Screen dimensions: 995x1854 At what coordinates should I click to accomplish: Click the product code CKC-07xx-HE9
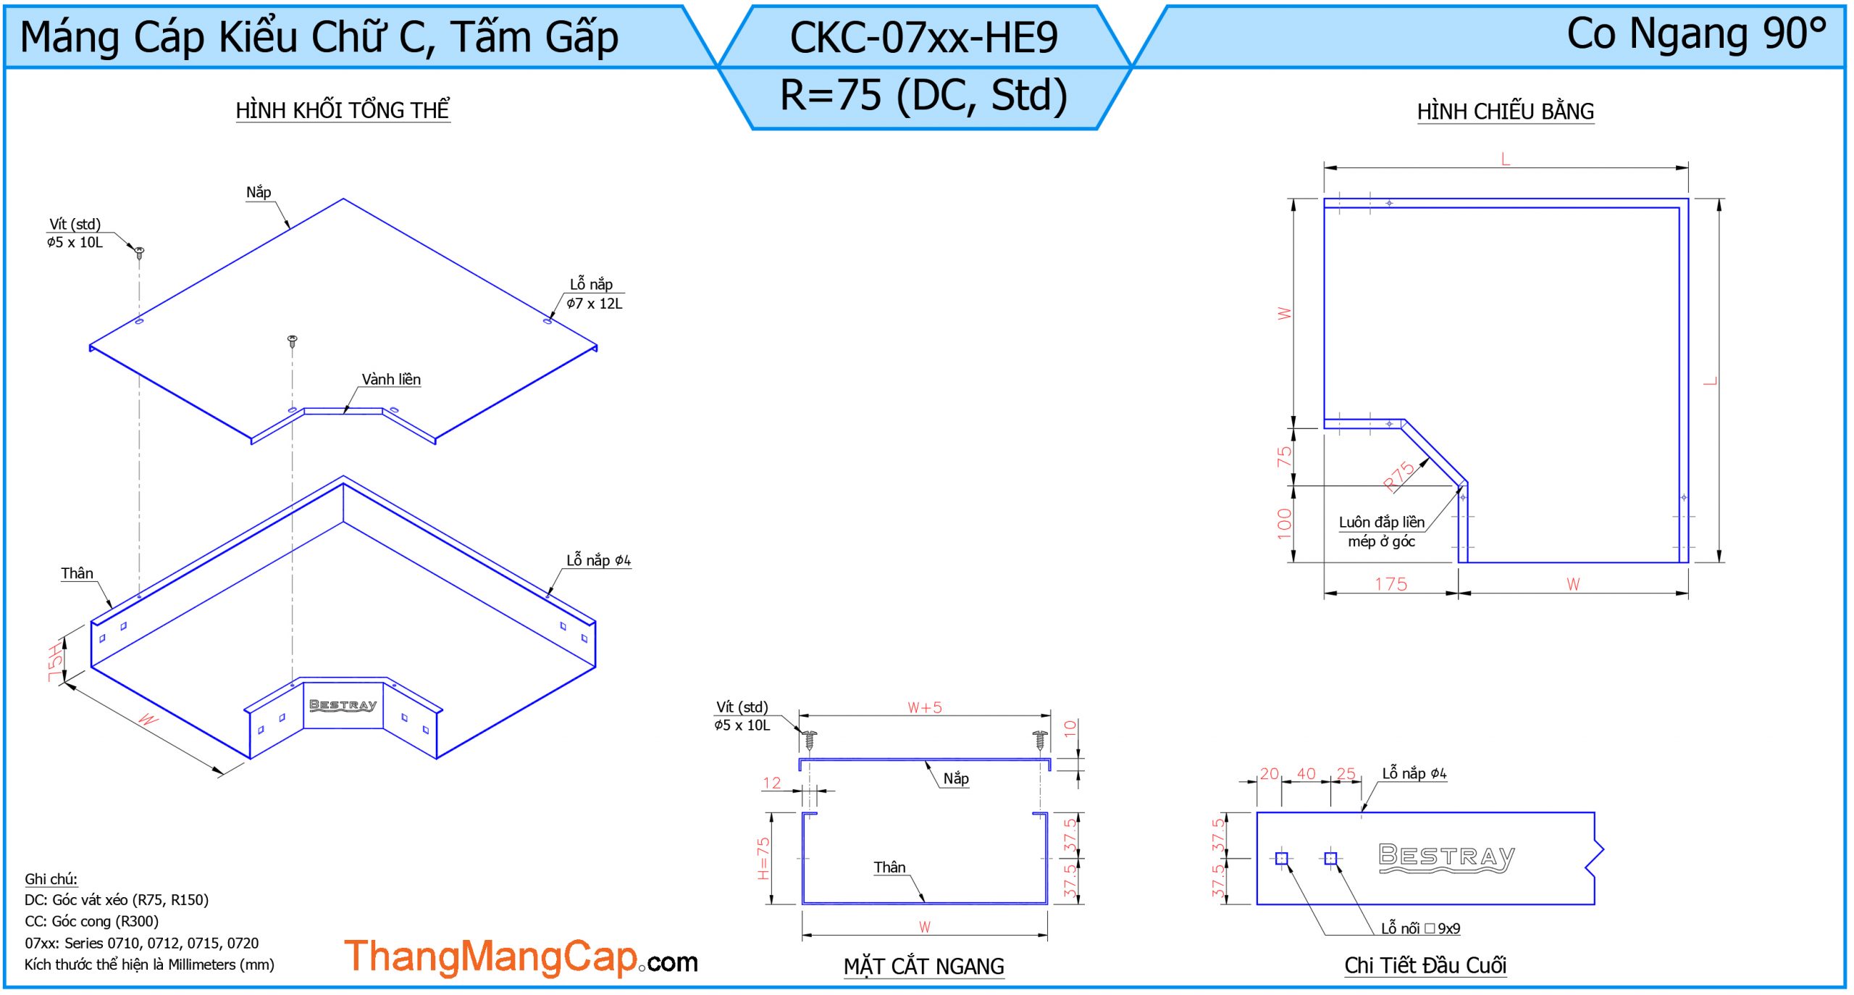923,38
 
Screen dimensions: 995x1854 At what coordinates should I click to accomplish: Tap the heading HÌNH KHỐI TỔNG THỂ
343,110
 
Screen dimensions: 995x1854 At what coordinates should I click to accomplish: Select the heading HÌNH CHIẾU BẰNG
1505,112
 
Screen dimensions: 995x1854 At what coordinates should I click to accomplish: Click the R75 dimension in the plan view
1399,476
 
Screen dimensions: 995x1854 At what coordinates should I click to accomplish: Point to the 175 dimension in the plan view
1390,584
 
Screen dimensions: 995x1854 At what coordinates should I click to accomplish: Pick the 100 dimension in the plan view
1284,523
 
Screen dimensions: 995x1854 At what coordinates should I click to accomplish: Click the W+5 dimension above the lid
925,707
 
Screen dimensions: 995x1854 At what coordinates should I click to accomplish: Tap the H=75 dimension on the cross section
763,858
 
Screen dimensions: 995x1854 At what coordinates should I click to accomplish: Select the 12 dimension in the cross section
772,783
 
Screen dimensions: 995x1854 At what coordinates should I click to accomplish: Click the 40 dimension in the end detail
1306,774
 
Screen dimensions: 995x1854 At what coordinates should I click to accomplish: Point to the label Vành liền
391,379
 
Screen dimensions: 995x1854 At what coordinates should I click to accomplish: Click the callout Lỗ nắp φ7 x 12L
594,294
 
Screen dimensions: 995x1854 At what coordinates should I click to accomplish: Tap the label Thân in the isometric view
77,573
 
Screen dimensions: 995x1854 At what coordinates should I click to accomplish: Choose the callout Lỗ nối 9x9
1420,928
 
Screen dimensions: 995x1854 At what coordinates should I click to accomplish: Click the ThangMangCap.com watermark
521,957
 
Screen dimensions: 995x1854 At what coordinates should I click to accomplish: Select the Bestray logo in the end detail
1446,858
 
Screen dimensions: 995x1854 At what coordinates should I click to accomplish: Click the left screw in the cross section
810,740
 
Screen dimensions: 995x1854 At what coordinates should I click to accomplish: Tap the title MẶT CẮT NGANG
923,966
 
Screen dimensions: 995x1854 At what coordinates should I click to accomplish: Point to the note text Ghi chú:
51,879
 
